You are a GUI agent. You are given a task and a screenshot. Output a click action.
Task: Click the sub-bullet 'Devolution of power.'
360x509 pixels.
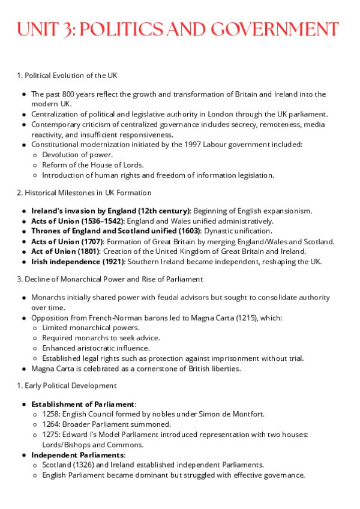coord(77,155)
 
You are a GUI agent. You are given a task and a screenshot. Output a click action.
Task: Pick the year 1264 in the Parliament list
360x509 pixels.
coord(50,424)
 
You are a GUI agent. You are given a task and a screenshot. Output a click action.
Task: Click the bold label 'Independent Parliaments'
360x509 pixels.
coord(76,455)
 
